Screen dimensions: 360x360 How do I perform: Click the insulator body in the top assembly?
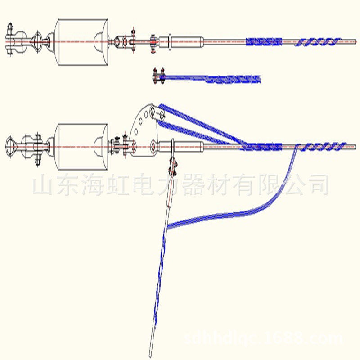tap(81, 42)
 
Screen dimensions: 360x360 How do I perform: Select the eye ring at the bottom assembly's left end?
tap(12, 146)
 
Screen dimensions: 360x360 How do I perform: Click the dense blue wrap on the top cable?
tap(264, 42)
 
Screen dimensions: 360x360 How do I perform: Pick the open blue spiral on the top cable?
tap(317, 42)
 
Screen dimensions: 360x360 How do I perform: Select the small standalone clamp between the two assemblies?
tap(159, 77)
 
